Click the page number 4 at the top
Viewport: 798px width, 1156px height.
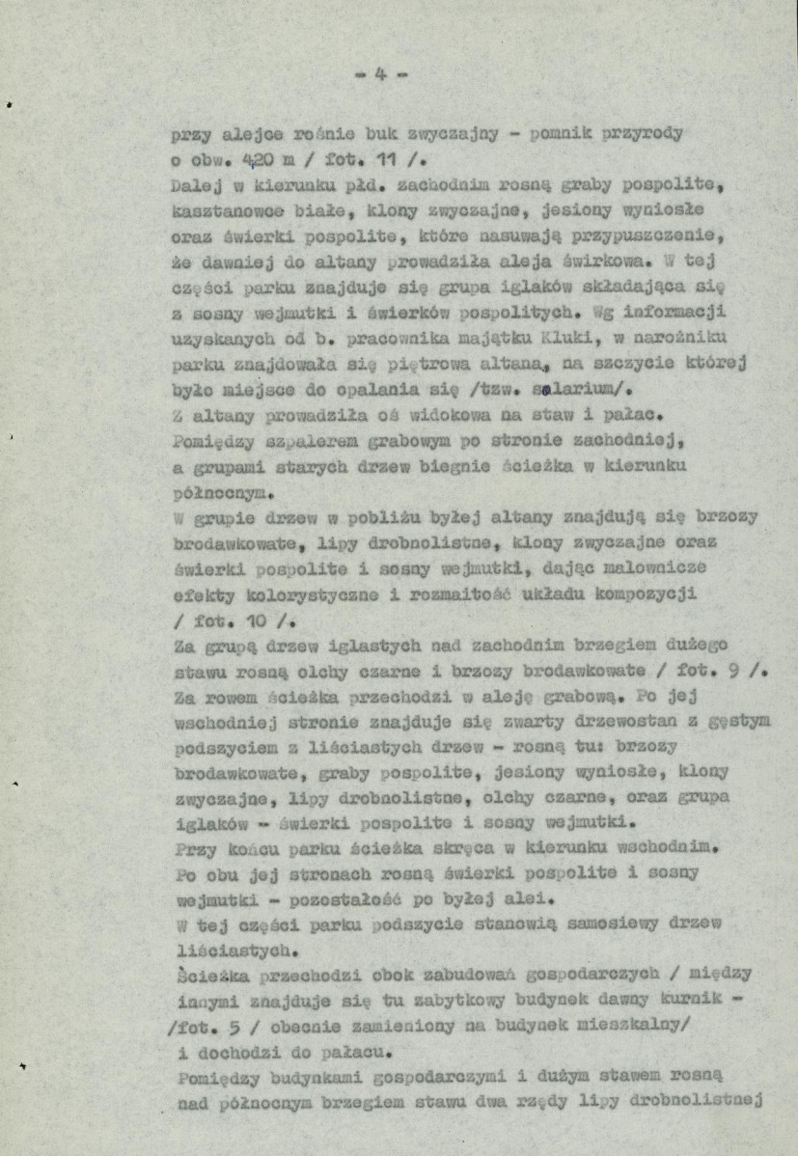click(x=381, y=73)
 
